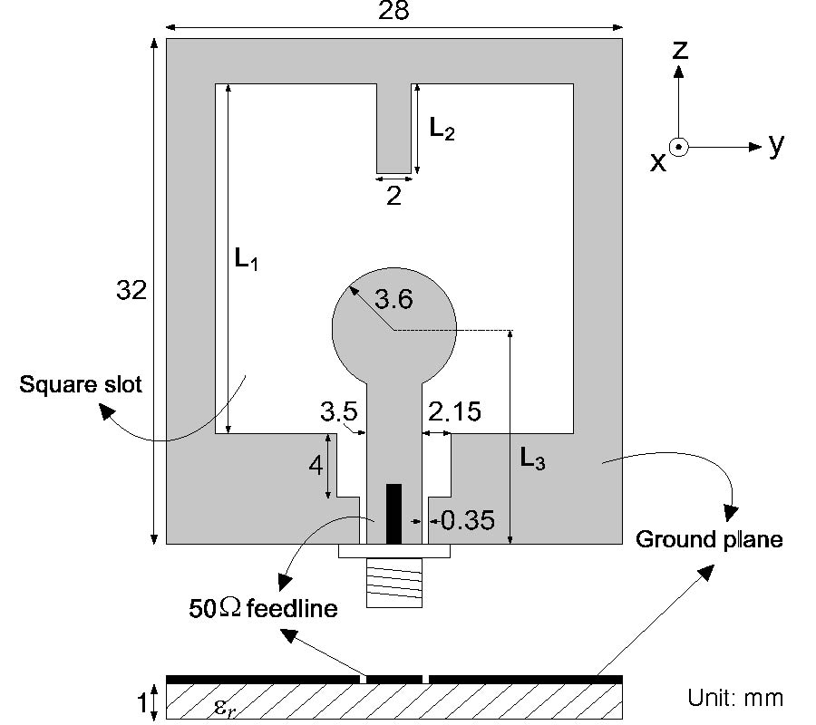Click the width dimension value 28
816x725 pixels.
tap(394, 11)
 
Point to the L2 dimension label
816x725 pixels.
tap(442, 130)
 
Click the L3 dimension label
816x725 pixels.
tap(533, 460)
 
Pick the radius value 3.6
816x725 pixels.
tap(393, 299)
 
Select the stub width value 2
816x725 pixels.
tap(393, 195)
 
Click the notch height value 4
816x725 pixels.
tap(315, 466)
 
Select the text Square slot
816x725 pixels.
tap(81, 385)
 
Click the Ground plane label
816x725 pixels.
tap(709, 540)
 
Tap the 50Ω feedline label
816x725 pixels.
tap(263, 608)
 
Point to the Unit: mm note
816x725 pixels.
tap(734, 698)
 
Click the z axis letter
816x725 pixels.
tap(679, 51)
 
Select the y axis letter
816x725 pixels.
tap(775, 144)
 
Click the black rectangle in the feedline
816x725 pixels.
tap(393, 514)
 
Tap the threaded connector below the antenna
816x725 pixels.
tap(393, 583)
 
